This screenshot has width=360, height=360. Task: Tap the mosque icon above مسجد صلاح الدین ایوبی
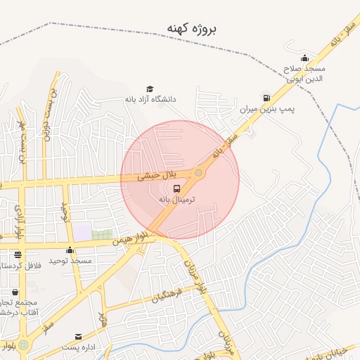click(x=304, y=58)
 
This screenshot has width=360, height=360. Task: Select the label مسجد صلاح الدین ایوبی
click(x=304, y=74)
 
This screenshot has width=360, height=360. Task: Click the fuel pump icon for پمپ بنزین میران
click(x=266, y=98)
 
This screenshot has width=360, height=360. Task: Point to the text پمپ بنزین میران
click(x=267, y=110)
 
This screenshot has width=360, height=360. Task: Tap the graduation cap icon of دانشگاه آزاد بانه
click(x=149, y=89)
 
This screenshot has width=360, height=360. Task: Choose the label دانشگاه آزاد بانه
click(x=149, y=99)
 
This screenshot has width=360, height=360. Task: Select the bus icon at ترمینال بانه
click(x=176, y=188)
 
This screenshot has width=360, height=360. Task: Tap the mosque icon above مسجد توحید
click(x=70, y=250)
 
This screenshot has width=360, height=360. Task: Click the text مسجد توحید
click(x=70, y=260)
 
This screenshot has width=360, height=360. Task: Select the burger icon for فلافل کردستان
click(x=18, y=255)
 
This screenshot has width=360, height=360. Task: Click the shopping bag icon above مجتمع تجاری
click(x=15, y=292)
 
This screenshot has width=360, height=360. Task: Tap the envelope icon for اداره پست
click(x=78, y=337)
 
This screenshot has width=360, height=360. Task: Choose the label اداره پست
click(x=78, y=347)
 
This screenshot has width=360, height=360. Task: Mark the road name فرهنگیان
click(x=167, y=295)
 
